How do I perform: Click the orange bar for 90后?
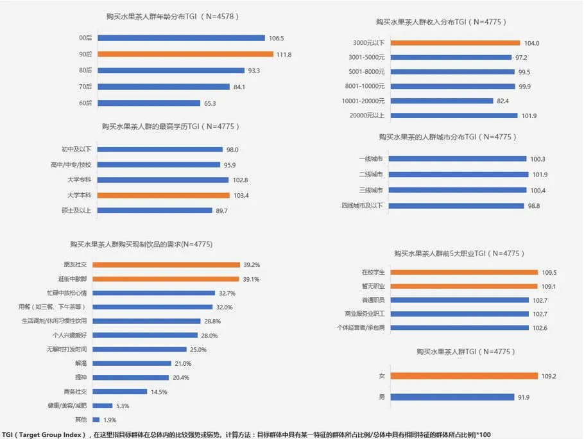(185, 55)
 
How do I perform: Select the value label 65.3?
(210, 103)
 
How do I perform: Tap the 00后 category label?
(85, 38)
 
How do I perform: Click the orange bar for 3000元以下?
(455, 43)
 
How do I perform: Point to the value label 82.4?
(502, 101)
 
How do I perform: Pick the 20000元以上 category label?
(367, 116)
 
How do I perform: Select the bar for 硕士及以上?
(155, 211)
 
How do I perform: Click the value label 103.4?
(241, 196)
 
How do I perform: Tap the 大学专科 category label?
(79, 180)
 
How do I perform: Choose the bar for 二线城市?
(458, 175)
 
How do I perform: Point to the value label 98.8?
(534, 206)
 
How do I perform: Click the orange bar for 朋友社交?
(166, 264)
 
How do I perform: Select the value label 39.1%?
(251, 279)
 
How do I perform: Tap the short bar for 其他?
(96, 420)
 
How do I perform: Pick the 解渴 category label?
(81, 363)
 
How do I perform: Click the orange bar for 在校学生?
(464, 272)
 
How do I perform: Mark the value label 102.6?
(540, 328)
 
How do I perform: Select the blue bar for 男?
(452, 397)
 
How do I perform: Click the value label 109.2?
(549, 376)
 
